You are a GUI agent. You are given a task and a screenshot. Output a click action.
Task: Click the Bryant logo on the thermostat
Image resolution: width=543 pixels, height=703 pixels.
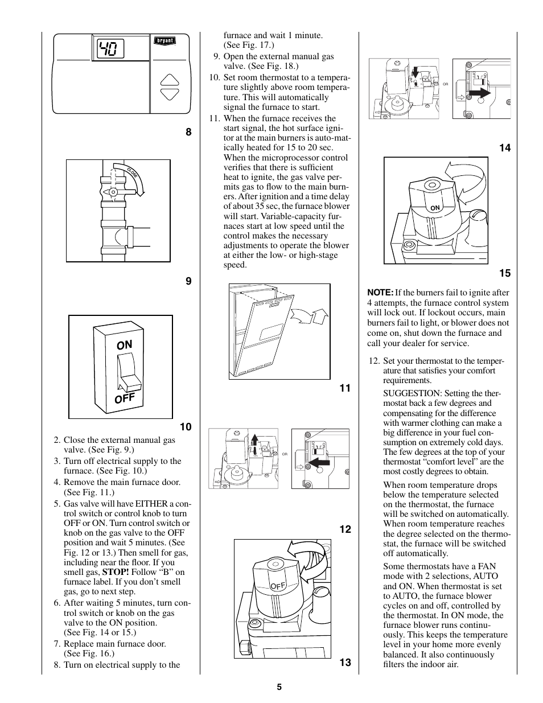pyautogui.click(x=165, y=41)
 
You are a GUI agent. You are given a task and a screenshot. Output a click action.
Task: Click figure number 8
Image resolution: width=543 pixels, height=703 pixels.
pyautogui.click(x=188, y=133)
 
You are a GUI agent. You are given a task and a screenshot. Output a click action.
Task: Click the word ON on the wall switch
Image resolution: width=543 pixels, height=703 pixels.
pyautogui.click(x=124, y=345)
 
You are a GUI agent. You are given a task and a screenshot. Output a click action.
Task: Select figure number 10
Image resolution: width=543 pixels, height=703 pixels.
pyautogui.click(x=186, y=427)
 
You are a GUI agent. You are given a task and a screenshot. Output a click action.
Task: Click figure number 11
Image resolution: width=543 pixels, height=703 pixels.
pyautogui.click(x=345, y=388)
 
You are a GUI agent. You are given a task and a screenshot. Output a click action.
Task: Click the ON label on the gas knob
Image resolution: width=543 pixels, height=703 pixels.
pyautogui.click(x=435, y=208)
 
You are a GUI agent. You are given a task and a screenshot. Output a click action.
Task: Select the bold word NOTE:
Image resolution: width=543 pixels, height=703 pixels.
pyautogui.click(x=380, y=293)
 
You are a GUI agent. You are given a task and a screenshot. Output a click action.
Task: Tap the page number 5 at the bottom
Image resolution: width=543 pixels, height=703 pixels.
pyautogui.click(x=279, y=687)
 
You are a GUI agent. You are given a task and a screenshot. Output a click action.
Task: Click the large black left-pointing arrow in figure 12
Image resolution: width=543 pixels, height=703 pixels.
pyautogui.click(x=319, y=463)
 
